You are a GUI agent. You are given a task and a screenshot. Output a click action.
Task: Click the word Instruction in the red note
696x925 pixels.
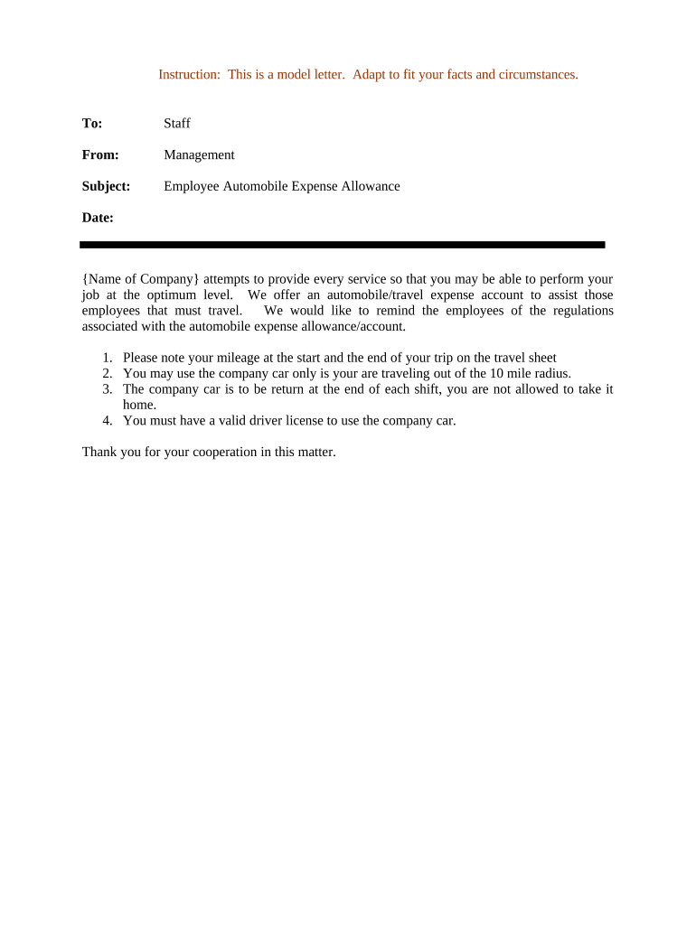click(x=188, y=74)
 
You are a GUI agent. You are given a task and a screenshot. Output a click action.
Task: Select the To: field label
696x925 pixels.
click(x=92, y=123)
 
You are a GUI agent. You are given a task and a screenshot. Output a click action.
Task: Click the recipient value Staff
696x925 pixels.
click(x=177, y=123)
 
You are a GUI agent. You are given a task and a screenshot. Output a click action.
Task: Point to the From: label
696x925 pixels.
click(x=100, y=154)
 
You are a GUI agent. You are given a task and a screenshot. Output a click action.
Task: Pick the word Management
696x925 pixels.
click(x=199, y=154)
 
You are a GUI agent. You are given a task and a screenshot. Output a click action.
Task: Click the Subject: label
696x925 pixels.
click(x=106, y=186)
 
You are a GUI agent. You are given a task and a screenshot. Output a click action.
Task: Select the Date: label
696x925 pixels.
click(x=98, y=218)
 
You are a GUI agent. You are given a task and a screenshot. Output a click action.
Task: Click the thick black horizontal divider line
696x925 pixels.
click(x=342, y=244)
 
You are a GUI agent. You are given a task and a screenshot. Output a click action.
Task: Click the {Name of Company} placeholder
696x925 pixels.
click(x=140, y=279)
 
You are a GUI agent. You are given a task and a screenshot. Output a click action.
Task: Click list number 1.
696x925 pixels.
click(x=107, y=358)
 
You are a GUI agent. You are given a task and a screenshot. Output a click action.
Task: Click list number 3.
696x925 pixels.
click(x=107, y=388)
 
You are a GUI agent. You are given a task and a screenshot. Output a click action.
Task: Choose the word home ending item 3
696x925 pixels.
click(x=138, y=405)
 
